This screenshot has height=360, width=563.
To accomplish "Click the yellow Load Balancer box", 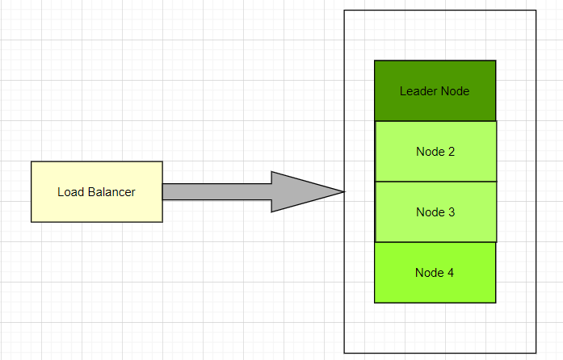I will click(96, 191).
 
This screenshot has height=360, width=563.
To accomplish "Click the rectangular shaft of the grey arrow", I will click(216, 192).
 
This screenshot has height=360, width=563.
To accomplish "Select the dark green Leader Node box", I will click(435, 90).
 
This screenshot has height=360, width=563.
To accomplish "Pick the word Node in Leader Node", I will click(455, 91).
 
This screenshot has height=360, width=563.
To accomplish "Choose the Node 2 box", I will click(435, 151).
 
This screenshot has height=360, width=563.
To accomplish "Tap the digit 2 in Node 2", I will click(452, 152).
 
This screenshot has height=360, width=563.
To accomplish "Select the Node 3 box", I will click(435, 211).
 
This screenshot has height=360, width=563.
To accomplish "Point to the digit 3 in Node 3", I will click(452, 212).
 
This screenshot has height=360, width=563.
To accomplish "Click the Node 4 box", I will click(435, 272).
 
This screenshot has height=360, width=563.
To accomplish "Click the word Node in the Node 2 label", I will click(430, 152).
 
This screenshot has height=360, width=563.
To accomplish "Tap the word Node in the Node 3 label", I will click(430, 212).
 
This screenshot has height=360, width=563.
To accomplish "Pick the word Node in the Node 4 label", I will click(429, 273).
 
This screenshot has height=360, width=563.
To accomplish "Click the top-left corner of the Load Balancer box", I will click(32, 161).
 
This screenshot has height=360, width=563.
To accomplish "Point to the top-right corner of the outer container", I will click(536, 10).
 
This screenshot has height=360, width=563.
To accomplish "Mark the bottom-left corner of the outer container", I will click(345, 353).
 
